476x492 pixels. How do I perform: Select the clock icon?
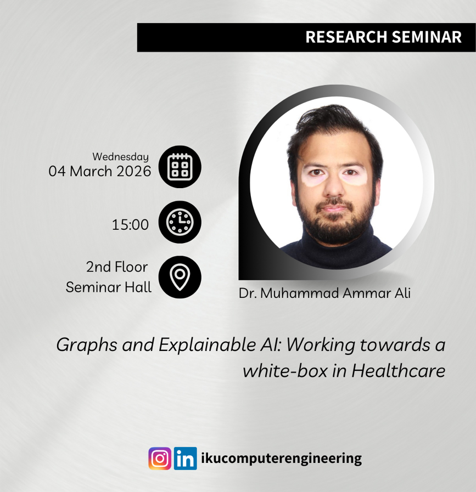pos(180,222)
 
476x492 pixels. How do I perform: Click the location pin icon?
pos(180,277)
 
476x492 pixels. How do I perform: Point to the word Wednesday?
pos(120,157)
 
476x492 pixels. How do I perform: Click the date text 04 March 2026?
pos(100,171)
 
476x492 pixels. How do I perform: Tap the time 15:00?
pos(130,224)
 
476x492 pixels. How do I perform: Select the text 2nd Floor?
pos(116,267)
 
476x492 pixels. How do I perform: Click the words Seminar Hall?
pos(109,287)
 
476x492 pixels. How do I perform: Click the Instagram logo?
pos(160,459)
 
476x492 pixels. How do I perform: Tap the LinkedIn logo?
pos(186,459)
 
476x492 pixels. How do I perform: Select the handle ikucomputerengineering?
pos(282,459)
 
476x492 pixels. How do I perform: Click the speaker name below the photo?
pos(324,293)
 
